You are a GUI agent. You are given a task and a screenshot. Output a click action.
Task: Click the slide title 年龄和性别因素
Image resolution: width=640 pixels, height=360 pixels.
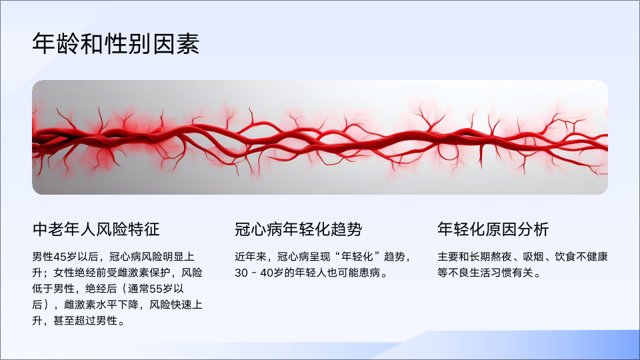116,43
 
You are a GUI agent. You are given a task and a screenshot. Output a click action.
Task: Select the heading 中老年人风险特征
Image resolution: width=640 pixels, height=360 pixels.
96,229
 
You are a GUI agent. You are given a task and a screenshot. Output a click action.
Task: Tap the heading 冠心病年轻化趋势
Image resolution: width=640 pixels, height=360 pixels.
299,229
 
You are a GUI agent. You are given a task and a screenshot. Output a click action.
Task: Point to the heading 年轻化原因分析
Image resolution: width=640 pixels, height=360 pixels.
493,229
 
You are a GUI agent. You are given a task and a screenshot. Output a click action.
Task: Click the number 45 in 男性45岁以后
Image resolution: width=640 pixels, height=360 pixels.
59,257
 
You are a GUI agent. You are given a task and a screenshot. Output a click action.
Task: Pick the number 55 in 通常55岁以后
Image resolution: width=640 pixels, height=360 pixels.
156,289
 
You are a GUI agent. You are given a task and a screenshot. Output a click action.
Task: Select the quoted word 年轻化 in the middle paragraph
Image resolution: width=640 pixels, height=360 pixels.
357,257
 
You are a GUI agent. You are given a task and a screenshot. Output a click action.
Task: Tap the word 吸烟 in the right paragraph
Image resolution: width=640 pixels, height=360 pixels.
533,257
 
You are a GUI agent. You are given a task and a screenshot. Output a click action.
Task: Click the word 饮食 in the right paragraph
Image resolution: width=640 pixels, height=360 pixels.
565,257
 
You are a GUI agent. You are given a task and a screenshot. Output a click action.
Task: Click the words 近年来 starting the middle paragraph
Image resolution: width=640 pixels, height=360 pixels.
251,257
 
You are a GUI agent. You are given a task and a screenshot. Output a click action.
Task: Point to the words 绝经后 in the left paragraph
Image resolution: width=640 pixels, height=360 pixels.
101,289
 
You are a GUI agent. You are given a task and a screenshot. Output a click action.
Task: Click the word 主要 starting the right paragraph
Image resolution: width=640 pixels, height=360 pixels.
448,257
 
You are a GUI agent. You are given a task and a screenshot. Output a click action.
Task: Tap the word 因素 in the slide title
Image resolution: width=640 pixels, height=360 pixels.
176,43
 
